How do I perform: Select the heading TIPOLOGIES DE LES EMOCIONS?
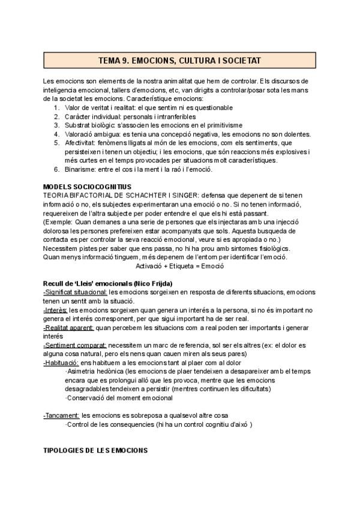pos(95,450)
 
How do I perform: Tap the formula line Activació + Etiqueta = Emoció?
pos(179,265)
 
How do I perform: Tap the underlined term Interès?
pos(56,310)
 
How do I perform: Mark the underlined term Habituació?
pos(61,363)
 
